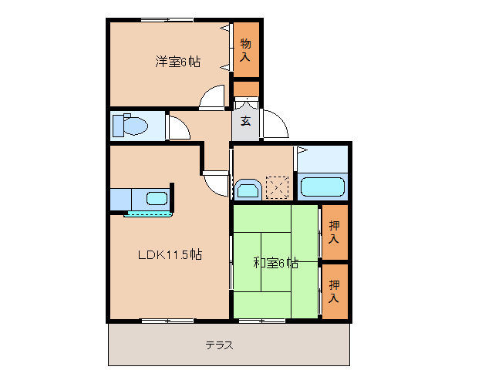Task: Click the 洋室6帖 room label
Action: [x=178, y=62]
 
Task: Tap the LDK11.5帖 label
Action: [x=170, y=254]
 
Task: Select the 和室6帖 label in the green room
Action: [x=275, y=263]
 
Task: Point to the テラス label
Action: [x=219, y=345]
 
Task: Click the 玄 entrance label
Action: [x=245, y=121]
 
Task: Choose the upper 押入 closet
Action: [x=334, y=232]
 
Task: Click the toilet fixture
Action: [x=130, y=125]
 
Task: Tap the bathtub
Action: [x=322, y=187]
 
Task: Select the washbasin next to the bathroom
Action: [x=248, y=189]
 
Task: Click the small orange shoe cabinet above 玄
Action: [x=246, y=88]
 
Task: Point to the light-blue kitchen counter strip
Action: [x=147, y=214]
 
